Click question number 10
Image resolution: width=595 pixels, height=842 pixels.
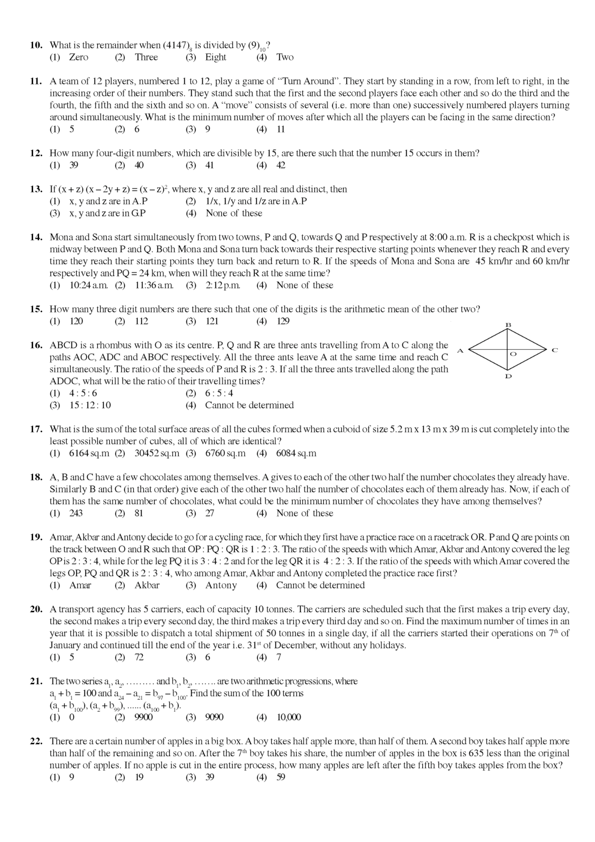click(36, 45)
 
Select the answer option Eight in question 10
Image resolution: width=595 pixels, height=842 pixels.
click(215, 57)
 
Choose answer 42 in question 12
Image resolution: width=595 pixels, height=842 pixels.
click(281, 165)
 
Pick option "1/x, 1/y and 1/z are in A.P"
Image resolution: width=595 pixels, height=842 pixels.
click(256, 201)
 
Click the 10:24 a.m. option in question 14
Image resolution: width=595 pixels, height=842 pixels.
click(89, 285)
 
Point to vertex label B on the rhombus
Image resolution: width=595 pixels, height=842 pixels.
click(509, 325)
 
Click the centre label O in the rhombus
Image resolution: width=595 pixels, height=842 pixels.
click(513, 354)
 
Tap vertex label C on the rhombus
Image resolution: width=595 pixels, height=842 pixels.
click(555, 350)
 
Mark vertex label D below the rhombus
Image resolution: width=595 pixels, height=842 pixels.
click(509, 377)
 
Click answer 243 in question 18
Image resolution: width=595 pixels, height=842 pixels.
click(76, 513)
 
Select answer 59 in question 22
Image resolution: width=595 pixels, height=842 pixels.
click(281, 777)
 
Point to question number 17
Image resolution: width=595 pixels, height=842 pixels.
click(36, 429)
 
